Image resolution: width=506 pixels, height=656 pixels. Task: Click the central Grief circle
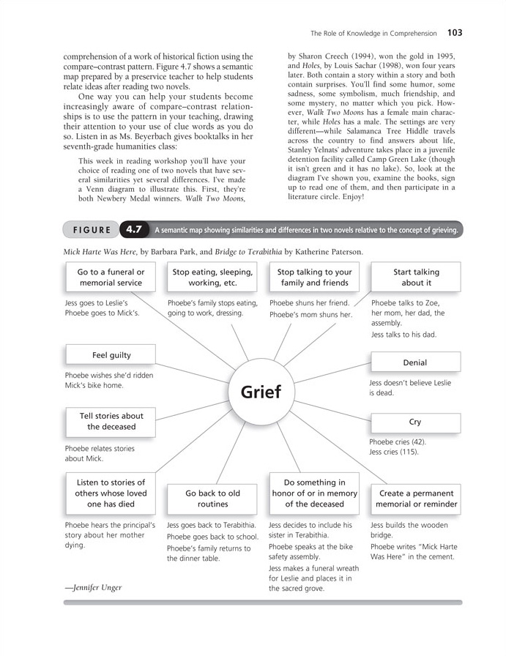[x=260, y=392]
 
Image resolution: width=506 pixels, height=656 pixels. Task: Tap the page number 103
[x=454, y=33]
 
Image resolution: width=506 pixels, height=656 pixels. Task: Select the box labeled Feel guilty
[x=111, y=355]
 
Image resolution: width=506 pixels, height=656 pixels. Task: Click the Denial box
[x=415, y=362]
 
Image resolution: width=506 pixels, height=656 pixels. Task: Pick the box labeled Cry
[x=415, y=422]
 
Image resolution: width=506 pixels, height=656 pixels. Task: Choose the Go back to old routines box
[x=213, y=499]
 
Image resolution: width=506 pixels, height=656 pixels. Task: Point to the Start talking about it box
[x=416, y=277]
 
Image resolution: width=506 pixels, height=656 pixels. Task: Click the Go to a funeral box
[x=111, y=277]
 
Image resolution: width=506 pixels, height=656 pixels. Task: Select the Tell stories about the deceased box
[x=111, y=421]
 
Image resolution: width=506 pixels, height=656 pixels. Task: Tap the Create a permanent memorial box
[x=416, y=499]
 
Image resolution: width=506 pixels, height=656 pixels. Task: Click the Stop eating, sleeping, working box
[x=213, y=277]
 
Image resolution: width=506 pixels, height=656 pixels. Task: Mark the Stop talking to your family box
[x=314, y=277]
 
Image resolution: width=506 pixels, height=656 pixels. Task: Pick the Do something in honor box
[x=314, y=493]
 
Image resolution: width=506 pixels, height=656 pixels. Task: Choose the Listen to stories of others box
[x=111, y=493]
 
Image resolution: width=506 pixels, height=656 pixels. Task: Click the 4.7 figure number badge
[x=133, y=230]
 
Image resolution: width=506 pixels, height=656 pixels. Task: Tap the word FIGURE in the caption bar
[x=92, y=230]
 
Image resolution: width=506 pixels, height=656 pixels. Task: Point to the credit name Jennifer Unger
[x=93, y=587]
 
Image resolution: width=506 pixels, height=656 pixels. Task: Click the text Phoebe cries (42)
[x=398, y=442]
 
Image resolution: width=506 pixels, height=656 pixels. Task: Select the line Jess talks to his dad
[x=403, y=335]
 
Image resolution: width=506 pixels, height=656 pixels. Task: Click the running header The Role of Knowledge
[x=373, y=33]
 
